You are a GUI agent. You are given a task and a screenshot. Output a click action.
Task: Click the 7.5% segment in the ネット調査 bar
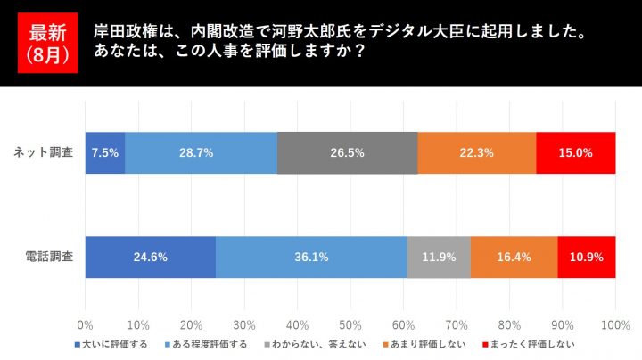105,152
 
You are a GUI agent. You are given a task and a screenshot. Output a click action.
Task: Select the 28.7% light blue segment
201,152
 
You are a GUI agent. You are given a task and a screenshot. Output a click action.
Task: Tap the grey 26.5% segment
347,152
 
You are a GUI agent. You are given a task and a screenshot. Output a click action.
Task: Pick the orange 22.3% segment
476,152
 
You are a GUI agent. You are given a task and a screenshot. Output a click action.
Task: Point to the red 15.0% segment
575,152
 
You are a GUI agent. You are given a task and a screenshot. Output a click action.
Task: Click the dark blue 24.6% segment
150,257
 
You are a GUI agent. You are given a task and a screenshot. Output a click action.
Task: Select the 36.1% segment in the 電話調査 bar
311,257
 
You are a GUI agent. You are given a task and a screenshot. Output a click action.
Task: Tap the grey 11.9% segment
439,257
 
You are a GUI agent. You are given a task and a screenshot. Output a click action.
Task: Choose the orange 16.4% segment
514,257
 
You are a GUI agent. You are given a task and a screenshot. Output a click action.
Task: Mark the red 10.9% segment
586,257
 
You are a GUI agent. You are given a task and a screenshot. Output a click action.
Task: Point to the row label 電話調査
50,257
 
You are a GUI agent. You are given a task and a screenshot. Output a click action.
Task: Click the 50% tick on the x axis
350,324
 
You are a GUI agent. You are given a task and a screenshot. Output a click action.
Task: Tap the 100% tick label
615,324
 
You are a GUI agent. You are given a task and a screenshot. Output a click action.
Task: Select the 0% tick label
86,324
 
